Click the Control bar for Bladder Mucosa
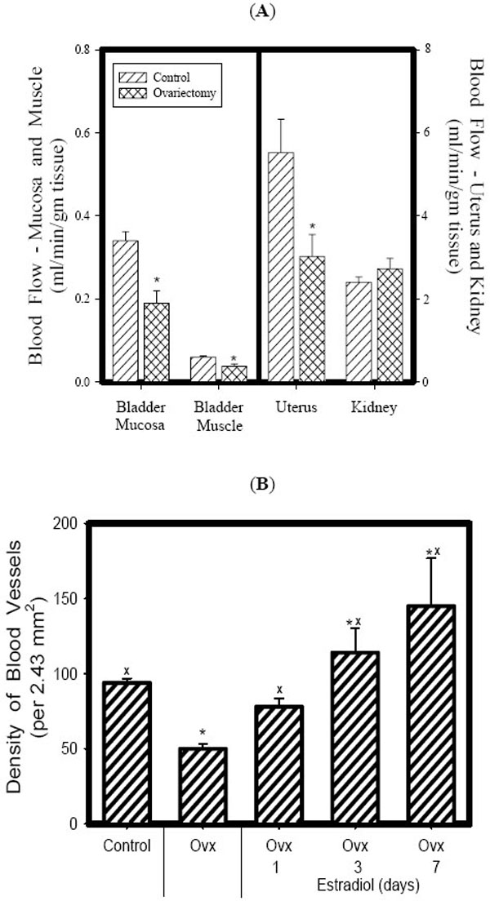(125, 311)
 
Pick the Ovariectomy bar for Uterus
(312, 319)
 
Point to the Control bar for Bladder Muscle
(203, 369)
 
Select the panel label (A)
(245, 10)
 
